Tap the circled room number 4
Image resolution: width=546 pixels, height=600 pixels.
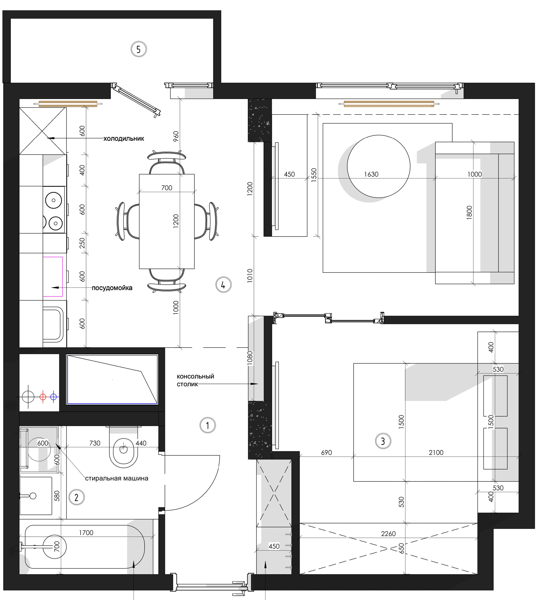coord(223,285)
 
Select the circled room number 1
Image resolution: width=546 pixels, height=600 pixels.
coord(208,425)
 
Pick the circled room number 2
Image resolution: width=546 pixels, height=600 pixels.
coord(77,497)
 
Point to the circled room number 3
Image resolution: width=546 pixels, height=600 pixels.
coord(383,441)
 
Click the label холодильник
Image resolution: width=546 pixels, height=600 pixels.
coord(124,138)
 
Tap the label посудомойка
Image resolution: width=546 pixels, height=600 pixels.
coord(112,288)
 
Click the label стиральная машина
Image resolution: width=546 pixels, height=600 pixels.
coord(117,478)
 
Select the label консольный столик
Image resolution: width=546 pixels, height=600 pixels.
coord(195,380)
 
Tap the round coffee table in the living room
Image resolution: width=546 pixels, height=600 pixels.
coord(378,166)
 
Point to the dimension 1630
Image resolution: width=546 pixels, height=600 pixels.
coord(371,174)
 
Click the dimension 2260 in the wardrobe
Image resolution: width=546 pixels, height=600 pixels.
coord(388,534)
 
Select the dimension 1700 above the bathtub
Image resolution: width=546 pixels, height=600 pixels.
coord(86,532)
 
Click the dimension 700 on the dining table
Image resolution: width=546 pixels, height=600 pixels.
coord(167,188)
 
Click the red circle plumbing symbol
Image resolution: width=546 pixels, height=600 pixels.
coord(43,397)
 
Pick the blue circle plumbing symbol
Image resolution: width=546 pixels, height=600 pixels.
coord(54,397)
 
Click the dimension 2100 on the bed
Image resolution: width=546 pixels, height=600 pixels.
coord(436,452)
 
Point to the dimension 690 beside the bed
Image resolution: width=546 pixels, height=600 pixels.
coord(326,452)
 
